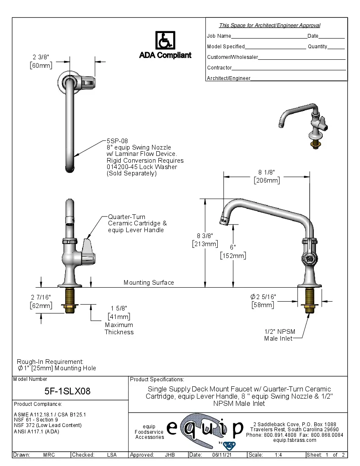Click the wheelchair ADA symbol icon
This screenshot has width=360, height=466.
(165, 41)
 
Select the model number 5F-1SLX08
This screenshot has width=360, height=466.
(67, 391)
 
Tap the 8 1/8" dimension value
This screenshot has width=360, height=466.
(267, 172)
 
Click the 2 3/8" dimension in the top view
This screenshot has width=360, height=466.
(41, 57)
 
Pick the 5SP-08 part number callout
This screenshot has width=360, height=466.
(117, 141)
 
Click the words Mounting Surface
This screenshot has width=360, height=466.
(149, 283)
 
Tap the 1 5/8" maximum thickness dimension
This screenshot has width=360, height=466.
(119, 308)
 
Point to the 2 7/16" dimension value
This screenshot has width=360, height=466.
(41, 297)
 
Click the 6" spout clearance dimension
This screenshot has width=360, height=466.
(233, 247)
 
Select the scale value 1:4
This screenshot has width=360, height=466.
(279, 455)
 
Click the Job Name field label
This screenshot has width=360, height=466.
(219, 36)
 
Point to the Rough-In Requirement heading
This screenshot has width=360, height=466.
(50, 361)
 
